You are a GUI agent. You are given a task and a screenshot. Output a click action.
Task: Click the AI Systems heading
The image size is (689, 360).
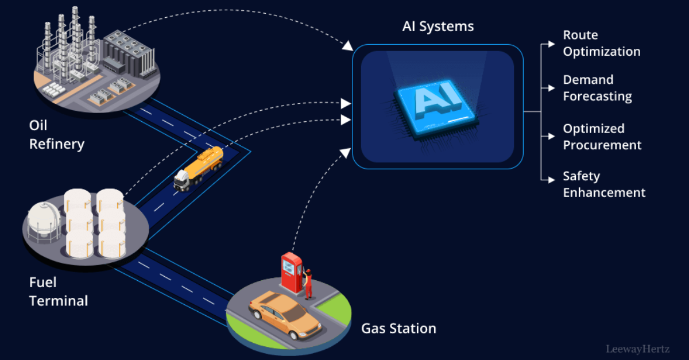click(x=437, y=27)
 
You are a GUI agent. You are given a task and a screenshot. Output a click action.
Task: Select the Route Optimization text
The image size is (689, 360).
click(x=601, y=43)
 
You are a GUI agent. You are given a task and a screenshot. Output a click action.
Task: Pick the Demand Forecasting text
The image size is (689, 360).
click(x=597, y=88)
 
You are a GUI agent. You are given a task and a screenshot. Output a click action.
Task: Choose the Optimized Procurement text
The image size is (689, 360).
click(x=602, y=137)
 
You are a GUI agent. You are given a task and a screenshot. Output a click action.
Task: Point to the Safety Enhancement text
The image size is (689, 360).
click(x=604, y=184)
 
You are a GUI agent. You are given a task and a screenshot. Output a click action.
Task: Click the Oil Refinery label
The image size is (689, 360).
click(x=57, y=135)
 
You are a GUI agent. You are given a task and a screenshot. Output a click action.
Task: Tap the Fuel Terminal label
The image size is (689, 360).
click(x=59, y=291)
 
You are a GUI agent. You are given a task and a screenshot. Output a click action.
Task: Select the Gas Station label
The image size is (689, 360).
click(x=398, y=328)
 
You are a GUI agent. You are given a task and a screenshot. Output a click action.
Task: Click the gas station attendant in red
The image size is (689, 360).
click(x=308, y=283)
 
